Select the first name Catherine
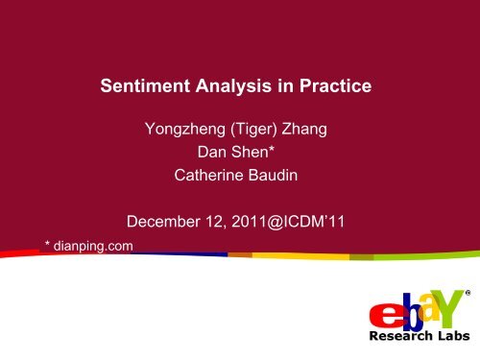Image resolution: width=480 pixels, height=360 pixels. pos(207,176)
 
